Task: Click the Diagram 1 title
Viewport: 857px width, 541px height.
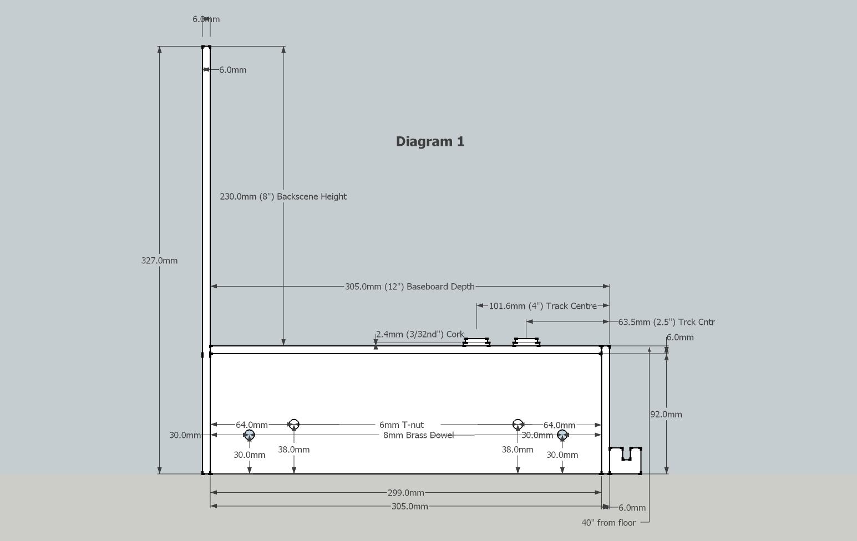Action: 430,141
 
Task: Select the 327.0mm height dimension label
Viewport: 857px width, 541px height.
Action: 159,261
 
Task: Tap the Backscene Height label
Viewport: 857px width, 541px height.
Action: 283,196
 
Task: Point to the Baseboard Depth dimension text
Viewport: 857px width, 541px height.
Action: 409,287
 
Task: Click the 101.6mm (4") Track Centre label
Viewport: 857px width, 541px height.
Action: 542,306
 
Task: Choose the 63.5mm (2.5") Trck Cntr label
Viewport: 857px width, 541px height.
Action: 666,321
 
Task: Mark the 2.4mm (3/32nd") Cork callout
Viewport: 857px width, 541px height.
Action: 420,334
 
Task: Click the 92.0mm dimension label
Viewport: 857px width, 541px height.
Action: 666,414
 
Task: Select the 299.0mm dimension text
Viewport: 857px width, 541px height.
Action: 405,492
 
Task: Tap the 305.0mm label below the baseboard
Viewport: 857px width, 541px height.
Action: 409,506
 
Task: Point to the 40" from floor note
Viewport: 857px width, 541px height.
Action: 608,522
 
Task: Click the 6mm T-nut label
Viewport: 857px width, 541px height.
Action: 402,425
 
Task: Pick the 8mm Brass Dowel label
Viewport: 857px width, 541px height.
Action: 418,435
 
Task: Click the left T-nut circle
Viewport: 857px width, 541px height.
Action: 294,425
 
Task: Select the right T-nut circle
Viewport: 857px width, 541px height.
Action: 518,425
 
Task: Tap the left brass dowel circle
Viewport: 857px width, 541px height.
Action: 249,435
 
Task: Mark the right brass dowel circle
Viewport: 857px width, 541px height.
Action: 562,435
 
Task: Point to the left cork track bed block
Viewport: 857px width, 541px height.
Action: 476,341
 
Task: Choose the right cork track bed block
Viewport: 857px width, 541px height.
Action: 526,341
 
